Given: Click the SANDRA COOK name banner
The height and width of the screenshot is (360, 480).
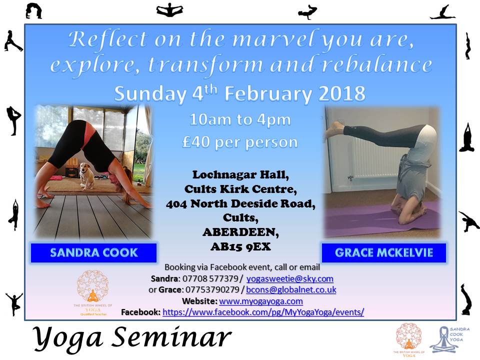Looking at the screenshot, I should point(93,252).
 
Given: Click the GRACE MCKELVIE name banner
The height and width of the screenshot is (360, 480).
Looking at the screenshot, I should point(384,252).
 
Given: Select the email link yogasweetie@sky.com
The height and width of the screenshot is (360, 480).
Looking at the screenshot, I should point(289,278).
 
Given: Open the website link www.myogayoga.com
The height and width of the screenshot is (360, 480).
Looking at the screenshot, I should point(261,301).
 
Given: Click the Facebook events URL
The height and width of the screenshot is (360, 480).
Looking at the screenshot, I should point(263,312).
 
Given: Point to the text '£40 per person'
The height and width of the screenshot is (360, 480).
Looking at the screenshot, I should point(240,142).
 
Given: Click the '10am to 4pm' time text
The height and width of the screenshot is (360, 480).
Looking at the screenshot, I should point(240,120).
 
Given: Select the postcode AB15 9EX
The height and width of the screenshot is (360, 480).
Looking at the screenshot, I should point(240,246).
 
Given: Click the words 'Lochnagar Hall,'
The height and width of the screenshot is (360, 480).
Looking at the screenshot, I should point(240,175).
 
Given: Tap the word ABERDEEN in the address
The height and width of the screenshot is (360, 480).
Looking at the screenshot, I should point(240,232).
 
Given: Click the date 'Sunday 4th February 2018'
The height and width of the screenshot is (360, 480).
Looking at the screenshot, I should point(240,93).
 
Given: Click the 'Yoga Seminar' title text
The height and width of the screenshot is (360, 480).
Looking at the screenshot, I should point(132,338).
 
